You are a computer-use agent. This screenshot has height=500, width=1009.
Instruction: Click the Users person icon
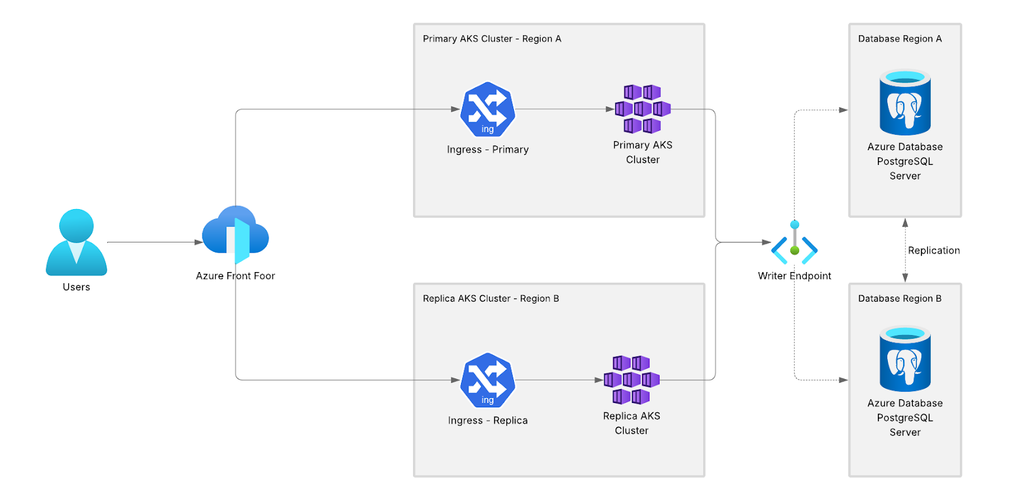76,242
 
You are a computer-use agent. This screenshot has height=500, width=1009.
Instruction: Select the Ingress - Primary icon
487,110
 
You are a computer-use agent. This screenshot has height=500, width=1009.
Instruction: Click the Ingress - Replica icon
487,380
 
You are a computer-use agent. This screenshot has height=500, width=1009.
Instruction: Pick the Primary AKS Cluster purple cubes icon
643,109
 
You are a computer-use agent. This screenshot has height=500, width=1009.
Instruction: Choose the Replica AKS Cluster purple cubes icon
631,380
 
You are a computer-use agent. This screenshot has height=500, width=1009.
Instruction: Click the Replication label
934,251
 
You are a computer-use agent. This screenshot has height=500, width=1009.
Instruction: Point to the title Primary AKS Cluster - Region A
492,39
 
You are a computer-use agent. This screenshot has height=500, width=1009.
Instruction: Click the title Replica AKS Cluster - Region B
491,298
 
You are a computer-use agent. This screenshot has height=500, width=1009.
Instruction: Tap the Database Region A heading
900,39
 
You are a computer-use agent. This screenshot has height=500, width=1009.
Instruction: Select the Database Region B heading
900,298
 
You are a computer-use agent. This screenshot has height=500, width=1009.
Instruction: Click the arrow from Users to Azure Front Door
155,242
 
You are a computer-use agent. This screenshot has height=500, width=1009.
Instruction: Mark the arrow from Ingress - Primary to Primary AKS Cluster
564,109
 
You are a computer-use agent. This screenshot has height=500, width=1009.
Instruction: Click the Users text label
76,287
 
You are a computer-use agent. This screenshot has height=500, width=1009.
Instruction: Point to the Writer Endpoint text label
795,276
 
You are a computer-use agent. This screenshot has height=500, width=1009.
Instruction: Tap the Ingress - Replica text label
487,421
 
